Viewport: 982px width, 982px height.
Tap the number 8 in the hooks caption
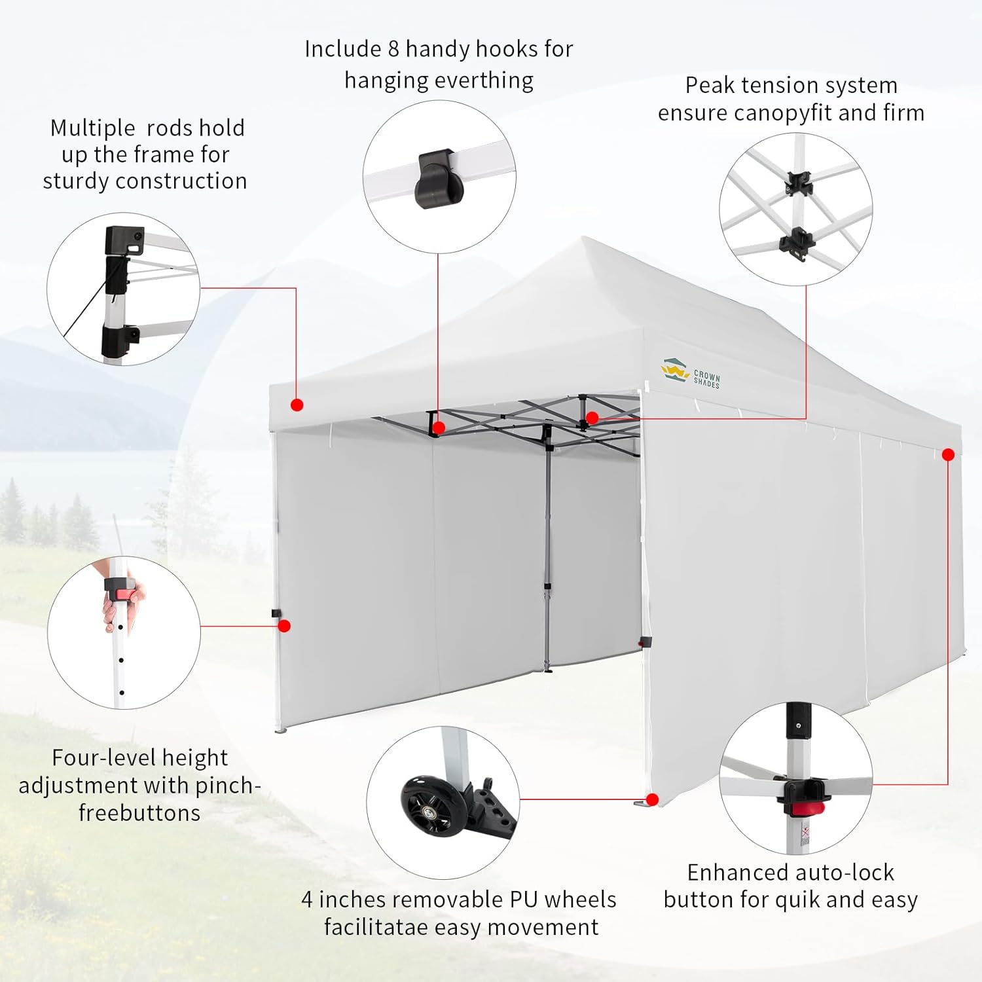point(393,49)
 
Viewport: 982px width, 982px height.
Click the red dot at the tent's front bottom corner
point(651,799)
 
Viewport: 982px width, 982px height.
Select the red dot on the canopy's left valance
point(297,405)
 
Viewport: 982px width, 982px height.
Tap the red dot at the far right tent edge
point(948,454)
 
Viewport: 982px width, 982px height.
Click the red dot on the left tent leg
point(284,626)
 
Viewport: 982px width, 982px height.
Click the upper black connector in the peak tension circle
point(799,183)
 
